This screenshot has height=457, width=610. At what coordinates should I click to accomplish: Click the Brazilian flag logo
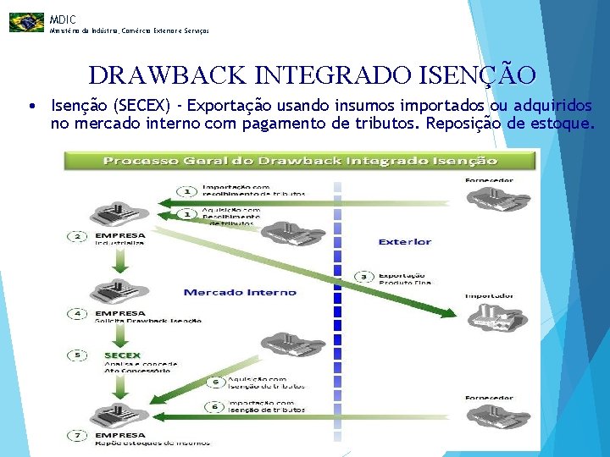pos(26,22)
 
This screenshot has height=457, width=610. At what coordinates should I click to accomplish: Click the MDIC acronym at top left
pos(63,19)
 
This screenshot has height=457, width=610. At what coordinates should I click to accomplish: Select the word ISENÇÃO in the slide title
pos(477,76)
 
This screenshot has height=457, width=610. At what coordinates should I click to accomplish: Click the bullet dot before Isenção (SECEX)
pos(30,107)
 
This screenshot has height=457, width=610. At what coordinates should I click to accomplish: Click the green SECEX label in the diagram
pos(122,355)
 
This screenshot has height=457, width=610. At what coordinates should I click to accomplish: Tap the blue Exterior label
pos(404,242)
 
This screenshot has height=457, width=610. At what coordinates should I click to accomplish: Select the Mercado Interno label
pos(241,292)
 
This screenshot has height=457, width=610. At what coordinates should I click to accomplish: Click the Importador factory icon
pos(489,317)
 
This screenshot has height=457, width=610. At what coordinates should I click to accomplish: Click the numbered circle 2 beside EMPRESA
pos(78,235)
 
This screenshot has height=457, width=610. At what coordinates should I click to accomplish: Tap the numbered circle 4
pos(78,314)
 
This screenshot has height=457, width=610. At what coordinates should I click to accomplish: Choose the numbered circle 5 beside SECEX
pos(78,355)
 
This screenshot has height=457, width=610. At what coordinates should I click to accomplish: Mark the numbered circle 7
pos(78,436)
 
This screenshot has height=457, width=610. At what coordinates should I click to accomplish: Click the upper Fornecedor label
pos(489,180)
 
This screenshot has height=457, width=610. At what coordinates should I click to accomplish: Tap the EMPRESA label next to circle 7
pos(120,435)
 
